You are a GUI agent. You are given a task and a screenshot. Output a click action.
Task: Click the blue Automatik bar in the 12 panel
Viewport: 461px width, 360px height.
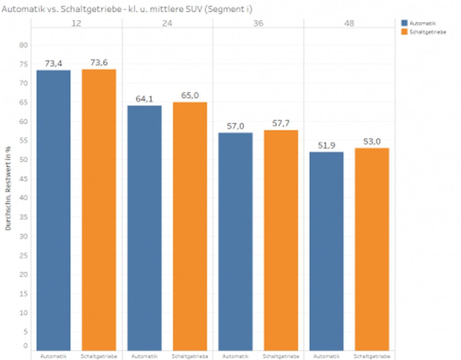pyautogui.click(x=54, y=210)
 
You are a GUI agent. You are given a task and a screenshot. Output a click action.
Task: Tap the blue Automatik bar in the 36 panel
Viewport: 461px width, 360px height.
pyautogui.click(x=235, y=242)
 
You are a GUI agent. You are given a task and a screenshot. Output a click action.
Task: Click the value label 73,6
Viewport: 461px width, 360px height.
pyautogui.click(x=99, y=63)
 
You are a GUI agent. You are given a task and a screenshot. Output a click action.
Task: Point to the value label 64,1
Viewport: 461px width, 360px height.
pyautogui.click(x=145, y=99)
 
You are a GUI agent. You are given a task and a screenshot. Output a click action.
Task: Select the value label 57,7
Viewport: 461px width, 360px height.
pyautogui.click(x=281, y=123)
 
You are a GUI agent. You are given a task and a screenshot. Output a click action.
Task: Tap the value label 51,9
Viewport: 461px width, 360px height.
pyautogui.click(x=326, y=145)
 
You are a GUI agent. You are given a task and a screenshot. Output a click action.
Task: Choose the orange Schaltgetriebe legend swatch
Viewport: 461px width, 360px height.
pyautogui.click(x=404, y=32)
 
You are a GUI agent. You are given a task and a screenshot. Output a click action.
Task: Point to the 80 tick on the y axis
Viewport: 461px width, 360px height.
pyautogui.click(x=23, y=45)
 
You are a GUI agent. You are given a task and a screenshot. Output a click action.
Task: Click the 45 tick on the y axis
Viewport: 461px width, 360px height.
pyautogui.click(x=23, y=179)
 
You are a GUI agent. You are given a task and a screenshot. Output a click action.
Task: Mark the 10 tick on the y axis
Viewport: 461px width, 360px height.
pyautogui.click(x=23, y=312)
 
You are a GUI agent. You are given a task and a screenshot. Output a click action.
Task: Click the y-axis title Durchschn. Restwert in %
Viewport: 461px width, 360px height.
pyautogui.click(x=9, y=188)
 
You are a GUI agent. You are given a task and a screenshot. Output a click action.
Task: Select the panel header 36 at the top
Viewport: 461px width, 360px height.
pyautogui.click(x=258, y=23)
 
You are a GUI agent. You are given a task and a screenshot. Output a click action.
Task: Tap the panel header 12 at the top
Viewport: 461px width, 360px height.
pyautogui.click(x=77, y=23)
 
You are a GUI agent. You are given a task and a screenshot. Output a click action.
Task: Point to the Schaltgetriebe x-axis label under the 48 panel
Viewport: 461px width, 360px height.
pyautogui.click(x=372, y=356)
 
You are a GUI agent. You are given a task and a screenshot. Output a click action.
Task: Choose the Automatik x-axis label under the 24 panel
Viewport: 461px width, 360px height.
pyautogui.click(x=145, y=356)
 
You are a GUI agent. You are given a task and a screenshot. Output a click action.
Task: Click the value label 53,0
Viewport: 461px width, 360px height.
pyautogui.click(x=372, y=141)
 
